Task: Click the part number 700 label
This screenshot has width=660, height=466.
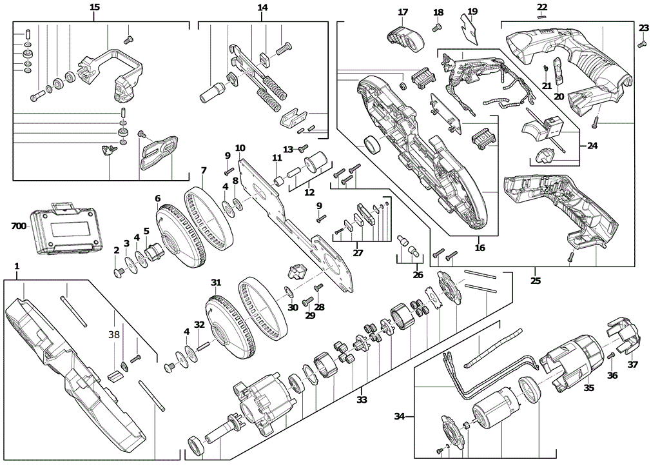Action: point(19,227)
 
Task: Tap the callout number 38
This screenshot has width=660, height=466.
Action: point(114,335)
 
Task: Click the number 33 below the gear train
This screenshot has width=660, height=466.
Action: point(362,400)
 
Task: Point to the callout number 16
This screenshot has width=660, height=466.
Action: point(479,247)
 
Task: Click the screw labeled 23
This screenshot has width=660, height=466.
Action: point(642,44)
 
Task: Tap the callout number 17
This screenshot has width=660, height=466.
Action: point(403,12)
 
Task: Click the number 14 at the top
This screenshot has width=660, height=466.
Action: point(262,8)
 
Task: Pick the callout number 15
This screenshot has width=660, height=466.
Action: point(95,7)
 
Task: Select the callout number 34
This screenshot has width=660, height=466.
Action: point(400,416)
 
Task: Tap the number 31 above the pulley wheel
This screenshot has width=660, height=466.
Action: point(216,282)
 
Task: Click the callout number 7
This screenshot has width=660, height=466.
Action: point(203,170)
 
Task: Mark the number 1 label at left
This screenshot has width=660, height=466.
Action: point(17,266)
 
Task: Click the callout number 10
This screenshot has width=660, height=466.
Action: point(240,148)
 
